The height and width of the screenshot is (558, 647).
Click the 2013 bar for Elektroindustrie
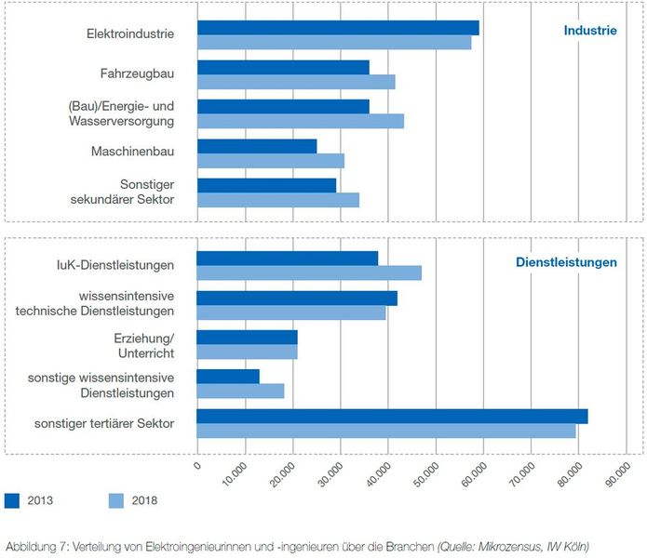(338, 28)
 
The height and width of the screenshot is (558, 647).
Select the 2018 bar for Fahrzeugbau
(296, 82)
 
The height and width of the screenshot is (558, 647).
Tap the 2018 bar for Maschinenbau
(271, 161)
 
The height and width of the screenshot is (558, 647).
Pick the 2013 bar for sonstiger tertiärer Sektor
(392, 416)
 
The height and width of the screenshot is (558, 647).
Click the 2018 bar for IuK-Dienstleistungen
(309, 272)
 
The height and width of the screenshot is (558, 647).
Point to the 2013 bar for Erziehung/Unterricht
(248, 337)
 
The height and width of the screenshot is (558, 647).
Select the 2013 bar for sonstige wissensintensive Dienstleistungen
(228, 377)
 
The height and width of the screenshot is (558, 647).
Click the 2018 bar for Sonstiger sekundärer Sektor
(278, 200)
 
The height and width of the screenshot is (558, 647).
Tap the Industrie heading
(589, 31)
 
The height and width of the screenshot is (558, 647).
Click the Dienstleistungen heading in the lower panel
(566, 263)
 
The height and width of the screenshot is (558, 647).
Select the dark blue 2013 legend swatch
(12, 500)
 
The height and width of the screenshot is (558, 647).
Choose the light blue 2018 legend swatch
(116, 500)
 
